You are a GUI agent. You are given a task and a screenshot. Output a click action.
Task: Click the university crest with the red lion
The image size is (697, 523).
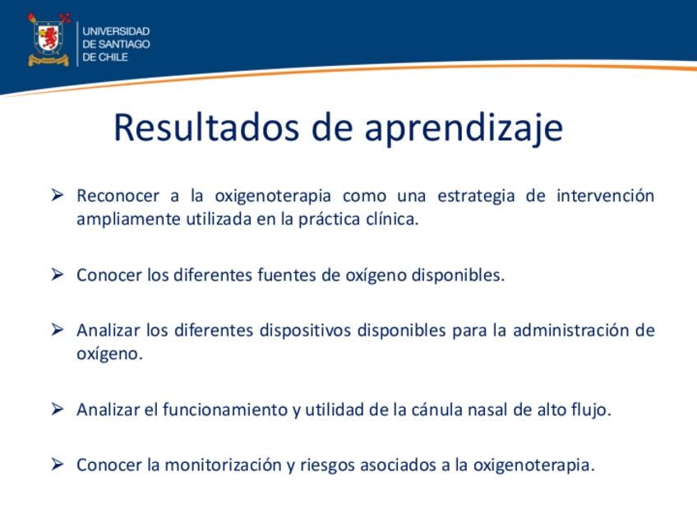tap(48, 39)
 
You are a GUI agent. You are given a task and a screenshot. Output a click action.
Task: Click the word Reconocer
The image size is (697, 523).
tap(118, 196)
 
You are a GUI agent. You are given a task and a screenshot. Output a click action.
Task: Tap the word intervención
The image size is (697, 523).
tap(606, 196)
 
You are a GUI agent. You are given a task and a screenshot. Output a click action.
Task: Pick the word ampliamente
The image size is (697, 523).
tap(128, 220)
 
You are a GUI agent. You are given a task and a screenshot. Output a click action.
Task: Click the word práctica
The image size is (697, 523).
tap(329, 220)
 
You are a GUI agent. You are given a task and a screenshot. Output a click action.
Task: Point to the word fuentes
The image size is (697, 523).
tap(287, 275)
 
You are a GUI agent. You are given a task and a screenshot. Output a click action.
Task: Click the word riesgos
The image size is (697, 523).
tap(328, 466)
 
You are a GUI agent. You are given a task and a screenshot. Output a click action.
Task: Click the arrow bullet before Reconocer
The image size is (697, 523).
tap(58, 195)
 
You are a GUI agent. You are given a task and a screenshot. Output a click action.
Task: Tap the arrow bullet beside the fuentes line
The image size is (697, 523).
tap(58, 275)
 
